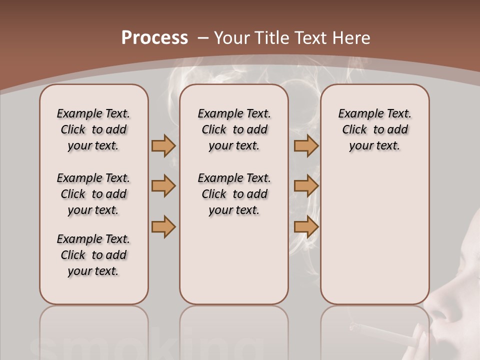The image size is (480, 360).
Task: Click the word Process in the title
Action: (x=154, y=38)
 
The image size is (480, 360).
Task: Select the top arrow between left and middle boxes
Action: (x=163, y=145)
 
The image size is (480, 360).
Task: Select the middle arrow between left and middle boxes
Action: (x=163, y=186)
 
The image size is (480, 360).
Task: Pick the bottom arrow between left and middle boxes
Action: (x=163, y=226)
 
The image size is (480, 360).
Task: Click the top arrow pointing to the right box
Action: (x=306, y=145)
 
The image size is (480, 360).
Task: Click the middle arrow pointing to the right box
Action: (x=306, y=186)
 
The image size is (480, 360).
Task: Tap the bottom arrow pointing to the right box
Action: (x=306, y=226)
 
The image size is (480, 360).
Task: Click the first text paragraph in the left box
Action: (x=93, y=129)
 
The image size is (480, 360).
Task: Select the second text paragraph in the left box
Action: (x=93, y=194)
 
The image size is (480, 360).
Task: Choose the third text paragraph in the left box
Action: (x=93, y=255)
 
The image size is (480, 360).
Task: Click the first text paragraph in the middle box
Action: (x=234, y=129)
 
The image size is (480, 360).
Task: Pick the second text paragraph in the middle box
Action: (x=234, y=194)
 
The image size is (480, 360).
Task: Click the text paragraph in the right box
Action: (x=374, y=129)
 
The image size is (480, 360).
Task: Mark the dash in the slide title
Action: (x=203, y=38)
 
